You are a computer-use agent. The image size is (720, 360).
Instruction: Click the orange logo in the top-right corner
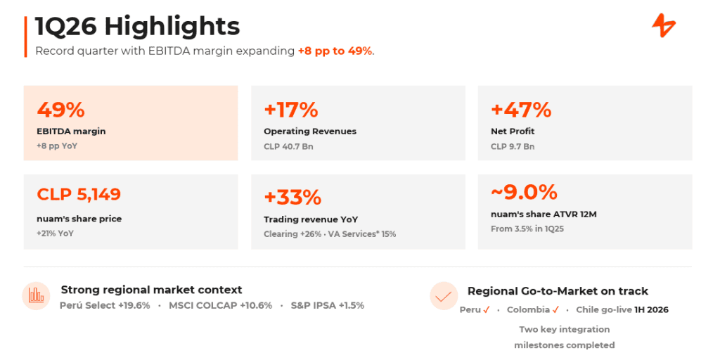(x=664, y=26)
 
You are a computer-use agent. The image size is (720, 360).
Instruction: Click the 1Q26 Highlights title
(x=138, y=27)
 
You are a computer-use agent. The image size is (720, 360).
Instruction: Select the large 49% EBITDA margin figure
(x=60, y=110)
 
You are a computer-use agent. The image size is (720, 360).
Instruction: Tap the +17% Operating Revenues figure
(x=290, y=110)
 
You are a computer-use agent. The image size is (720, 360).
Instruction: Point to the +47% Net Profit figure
(x=521, y=110)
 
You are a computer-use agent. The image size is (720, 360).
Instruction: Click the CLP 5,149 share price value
(x=79, y=194)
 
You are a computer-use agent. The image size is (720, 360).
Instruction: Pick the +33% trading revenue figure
(x=292, y=198)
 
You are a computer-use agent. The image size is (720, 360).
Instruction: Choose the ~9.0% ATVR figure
(x=524, y=192)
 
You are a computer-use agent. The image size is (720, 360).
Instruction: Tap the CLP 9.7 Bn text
(x=513, y=147)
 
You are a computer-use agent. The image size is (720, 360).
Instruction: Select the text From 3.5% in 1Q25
(x=527, y=229)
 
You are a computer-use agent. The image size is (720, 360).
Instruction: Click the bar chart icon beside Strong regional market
(x=36, y=296)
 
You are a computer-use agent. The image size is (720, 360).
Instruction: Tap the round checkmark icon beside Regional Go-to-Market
(x=444, y=296)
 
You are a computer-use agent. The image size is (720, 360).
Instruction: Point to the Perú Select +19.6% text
(x=105, y=305)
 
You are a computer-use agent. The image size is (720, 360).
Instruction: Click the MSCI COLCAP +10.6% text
(x=220, y=305)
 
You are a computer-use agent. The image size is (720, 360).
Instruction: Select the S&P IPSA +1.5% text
(x=328, y=305)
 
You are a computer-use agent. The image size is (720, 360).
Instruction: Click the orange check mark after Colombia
(x=555, y=310)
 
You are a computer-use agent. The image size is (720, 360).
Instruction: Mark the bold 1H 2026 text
(x=651, y=310)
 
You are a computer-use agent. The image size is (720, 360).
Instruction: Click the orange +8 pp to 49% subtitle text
(x=335, y=51)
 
